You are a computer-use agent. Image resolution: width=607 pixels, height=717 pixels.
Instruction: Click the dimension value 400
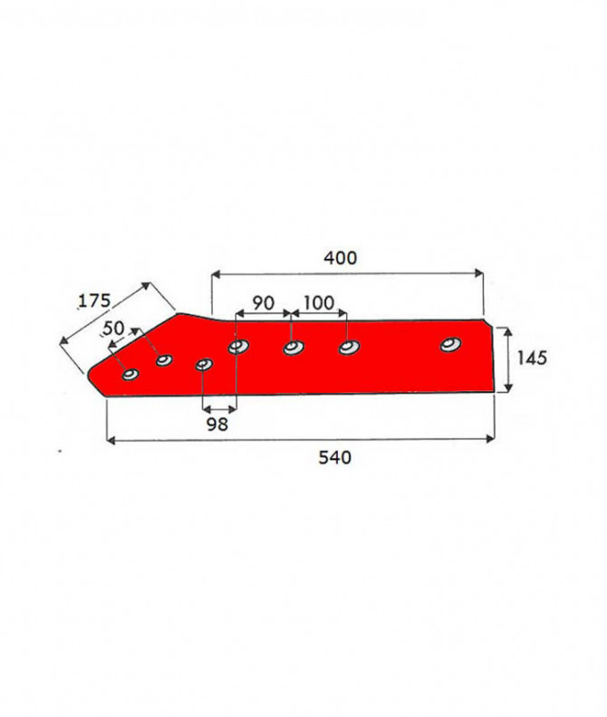click(x=340, y=258)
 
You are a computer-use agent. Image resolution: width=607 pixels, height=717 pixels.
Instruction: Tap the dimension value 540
click(x=334, y=457)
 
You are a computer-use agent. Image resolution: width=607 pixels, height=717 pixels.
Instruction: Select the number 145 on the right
click(x=532, y=358)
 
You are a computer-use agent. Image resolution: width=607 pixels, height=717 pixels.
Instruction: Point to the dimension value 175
click(x=95, y=301)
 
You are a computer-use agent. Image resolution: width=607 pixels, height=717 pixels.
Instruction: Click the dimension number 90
click(x=264, y=302)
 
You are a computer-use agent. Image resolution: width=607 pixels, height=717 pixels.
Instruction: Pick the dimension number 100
click(x=319, y=302)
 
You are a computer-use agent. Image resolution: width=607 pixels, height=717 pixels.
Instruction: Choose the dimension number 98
click(x=217, y=425)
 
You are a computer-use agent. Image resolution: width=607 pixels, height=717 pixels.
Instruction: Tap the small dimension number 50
click(x=114, y=328)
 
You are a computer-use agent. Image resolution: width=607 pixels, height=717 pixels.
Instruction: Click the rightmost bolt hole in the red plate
click(x=451, y=344)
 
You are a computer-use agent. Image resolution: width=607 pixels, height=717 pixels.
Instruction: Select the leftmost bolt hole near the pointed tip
click(x=130, y=375)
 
